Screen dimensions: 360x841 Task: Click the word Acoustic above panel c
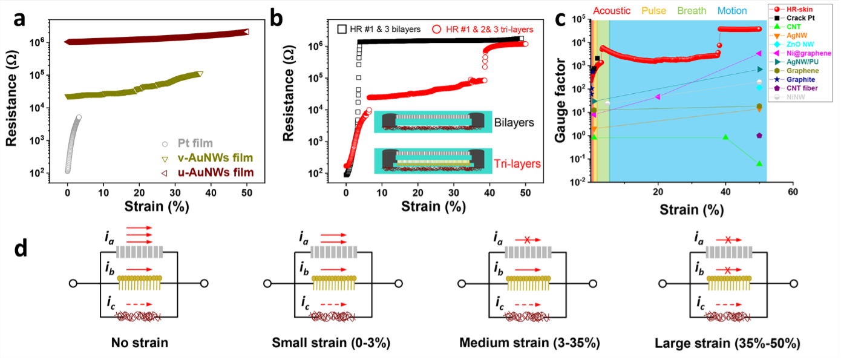(x=612, y=11)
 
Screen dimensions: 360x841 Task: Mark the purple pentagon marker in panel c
(x=759, y=136)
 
